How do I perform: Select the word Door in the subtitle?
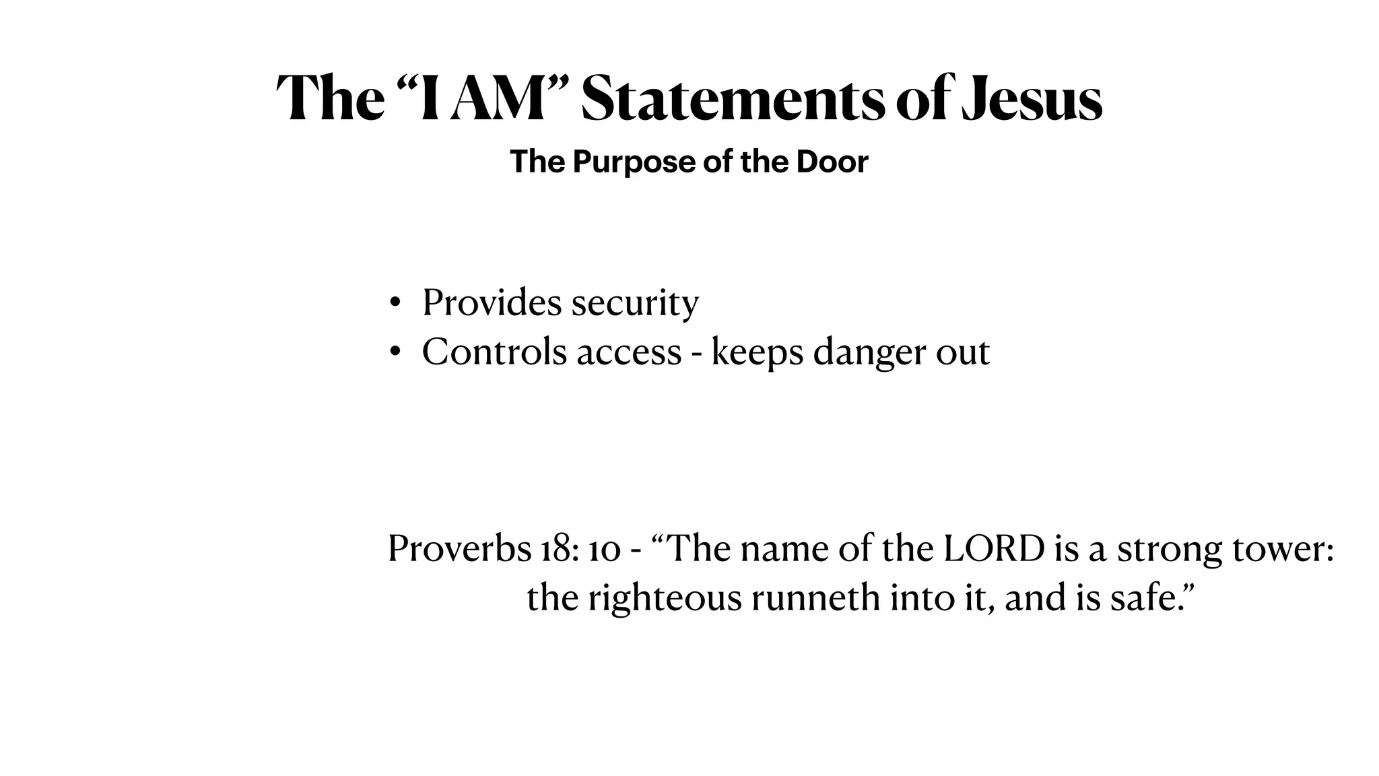click(832, 162)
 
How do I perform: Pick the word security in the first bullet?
click(635, 302)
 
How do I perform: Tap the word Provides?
click(492, 302)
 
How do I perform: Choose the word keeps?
click(758, 352)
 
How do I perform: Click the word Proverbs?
click(459, 548)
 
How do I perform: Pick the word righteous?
click(664, 597)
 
